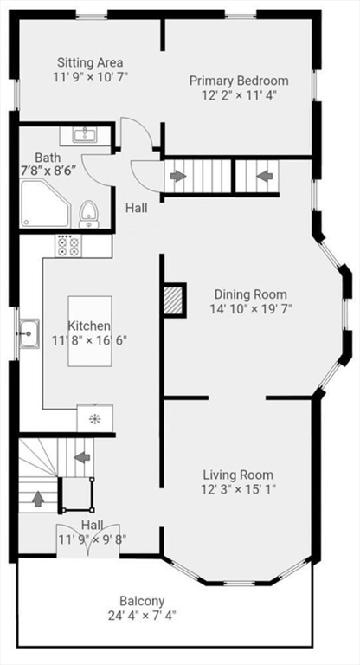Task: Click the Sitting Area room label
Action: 90,62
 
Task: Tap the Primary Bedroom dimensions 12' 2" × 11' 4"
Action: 239,96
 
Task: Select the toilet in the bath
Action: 87,213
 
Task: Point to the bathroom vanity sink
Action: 84,135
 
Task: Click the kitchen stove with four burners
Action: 67,246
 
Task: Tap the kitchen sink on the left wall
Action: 29,332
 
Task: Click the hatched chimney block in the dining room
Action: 174,300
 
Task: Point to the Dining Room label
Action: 250,294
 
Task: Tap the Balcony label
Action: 143,601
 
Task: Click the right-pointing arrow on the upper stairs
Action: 177,177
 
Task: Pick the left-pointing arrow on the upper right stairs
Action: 265,177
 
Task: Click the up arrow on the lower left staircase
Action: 38,499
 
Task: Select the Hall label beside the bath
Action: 136,208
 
